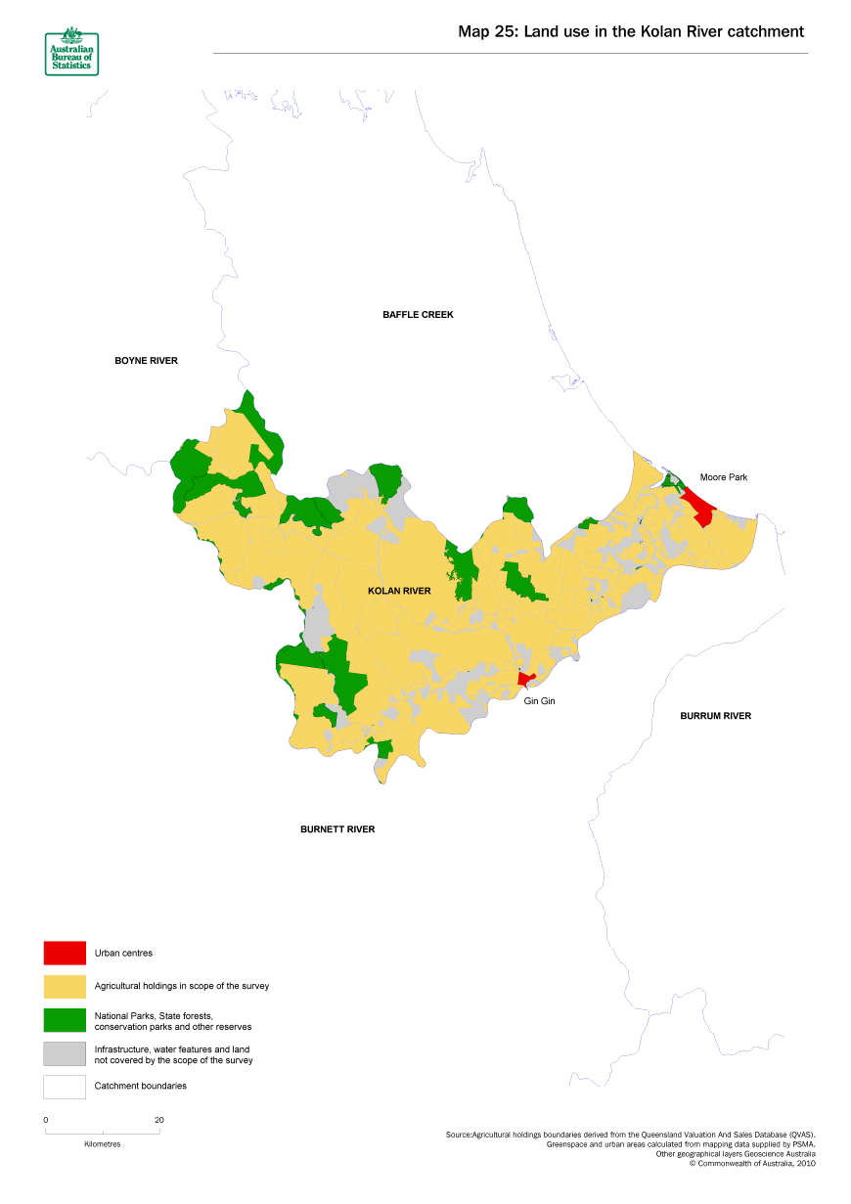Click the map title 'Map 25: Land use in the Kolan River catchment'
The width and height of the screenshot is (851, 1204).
[x=631, y=31]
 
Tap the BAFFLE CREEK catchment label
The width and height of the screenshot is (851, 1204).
[x=418, y=315]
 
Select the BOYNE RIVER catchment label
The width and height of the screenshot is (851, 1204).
[x=146, y=361]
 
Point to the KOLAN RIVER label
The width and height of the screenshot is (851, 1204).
[x=399, y=592]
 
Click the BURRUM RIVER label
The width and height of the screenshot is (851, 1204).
[x=715, y=716]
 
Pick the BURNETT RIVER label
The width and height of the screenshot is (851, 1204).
[x=337, y=829]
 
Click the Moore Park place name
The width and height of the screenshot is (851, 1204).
[x=723, y=477]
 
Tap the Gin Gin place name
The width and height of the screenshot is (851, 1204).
[x=539, y=701]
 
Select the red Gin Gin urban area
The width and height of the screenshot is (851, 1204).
[x=525, y=679]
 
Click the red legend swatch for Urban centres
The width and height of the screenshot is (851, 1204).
[x=65, y=953]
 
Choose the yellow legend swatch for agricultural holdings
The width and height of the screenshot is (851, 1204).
[x=65, y=986]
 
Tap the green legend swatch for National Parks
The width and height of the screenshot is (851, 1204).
[x=65, y=1020]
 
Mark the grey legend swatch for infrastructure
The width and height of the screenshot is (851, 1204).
[x=65, y=1053]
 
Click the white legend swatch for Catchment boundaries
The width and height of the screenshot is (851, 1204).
[x=65, y=1087]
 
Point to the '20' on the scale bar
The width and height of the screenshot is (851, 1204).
[x=158, y=1120]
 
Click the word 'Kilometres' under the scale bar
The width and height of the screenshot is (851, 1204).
[x=103, y=1143]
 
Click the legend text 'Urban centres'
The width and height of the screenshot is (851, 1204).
[x=123, y=953]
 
